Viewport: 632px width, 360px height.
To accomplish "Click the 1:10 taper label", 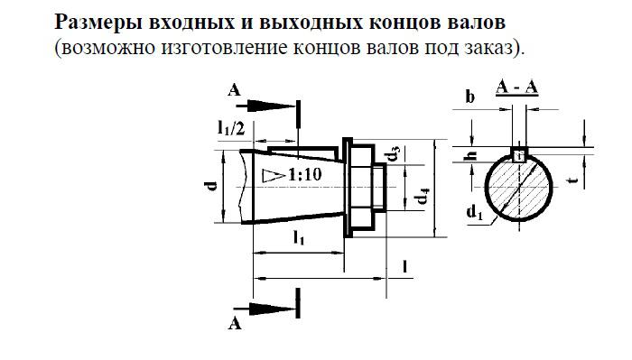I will coord(303,176).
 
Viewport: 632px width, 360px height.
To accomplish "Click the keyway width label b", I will coord(469,97).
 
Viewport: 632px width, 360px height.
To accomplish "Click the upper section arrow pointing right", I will coord(272,106).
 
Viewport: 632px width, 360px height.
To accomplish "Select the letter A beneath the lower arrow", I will coord(236,323).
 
